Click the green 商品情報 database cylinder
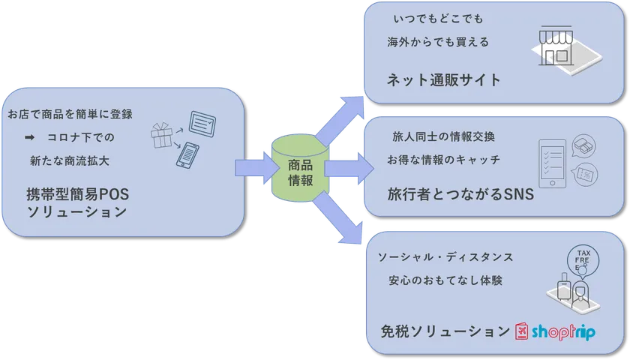(x=301, y=168)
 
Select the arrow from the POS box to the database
(x=256, y=168)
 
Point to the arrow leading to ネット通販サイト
(x=340, y=121)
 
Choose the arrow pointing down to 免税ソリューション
(x=337, y=217)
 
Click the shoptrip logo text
(x=563, y=331)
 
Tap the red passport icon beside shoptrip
(x=521, y=331)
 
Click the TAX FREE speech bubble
(x=583, y=260)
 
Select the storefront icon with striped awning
(x=556, y=46)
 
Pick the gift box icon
(x=161, y=136)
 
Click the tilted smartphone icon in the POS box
(x=187, y=155)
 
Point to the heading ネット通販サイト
(x=444, y=80)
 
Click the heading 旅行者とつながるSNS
(x=460, y=194)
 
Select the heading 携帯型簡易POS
(x=77, y=194)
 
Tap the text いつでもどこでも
(x=438, y=19)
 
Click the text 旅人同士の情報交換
(x=443, y=136)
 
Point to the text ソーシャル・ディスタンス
(x=445, y=257)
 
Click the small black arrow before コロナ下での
(x=29, y=137)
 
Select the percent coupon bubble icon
(x=585, y=175)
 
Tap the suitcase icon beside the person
(x=564, y=286)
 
